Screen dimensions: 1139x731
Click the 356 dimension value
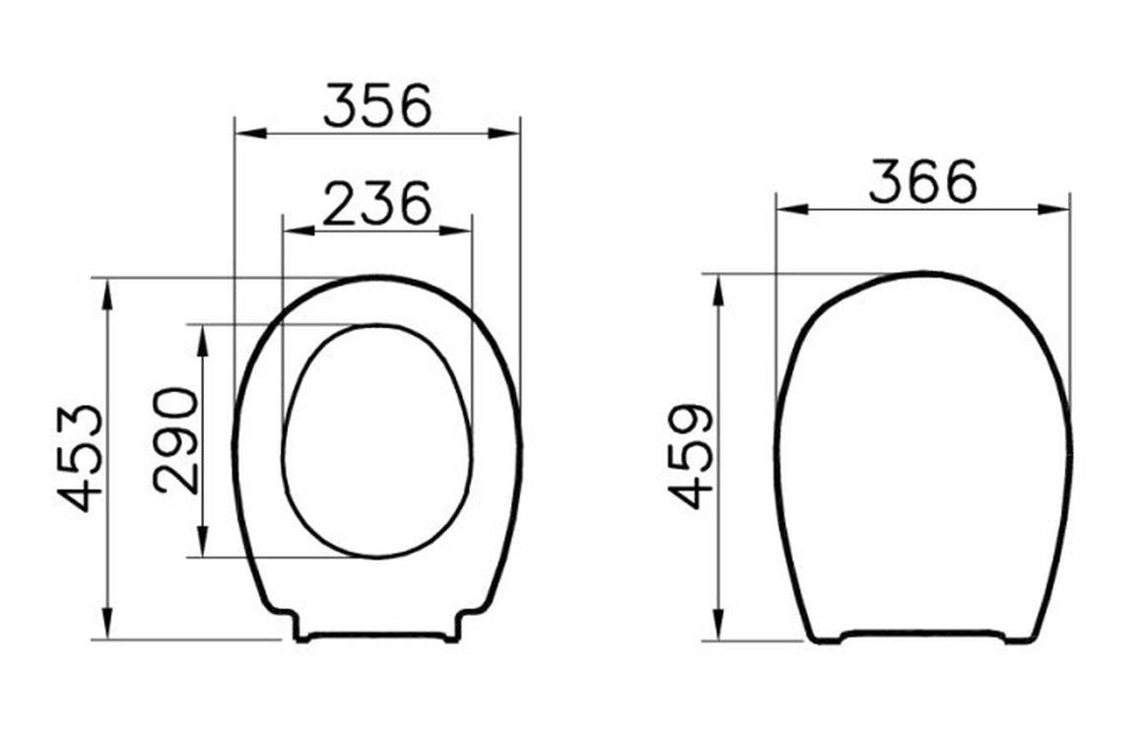(377, 106)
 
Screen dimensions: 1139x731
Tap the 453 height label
(81, 458)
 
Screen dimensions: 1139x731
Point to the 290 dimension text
(175, 440)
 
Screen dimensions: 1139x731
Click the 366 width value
(923, 181)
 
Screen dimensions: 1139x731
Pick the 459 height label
(691, 456)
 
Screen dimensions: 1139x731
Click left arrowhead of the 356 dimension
(251, 134)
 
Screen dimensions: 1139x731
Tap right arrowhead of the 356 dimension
(504, 134)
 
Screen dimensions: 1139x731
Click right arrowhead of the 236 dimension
(455, 232)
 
